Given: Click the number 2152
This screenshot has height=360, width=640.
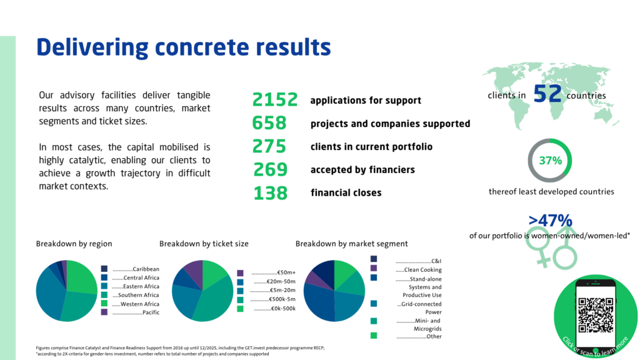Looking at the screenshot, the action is [x=275, y=99].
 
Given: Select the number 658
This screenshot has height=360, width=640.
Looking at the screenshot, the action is [x=269, y=123].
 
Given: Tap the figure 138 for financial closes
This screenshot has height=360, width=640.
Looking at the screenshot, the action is [x=270, y=193].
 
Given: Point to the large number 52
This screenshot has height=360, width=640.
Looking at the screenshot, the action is [x=547, y=94].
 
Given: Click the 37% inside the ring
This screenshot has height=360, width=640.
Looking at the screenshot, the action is [x=550, y=161].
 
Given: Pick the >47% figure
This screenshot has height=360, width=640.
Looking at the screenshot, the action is [x=550, y=221].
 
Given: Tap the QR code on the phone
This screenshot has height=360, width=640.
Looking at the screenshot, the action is [x=596, y=315].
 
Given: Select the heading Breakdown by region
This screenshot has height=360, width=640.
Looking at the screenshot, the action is [x=74, y=244].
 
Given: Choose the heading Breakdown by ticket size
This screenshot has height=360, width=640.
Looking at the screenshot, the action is [x=204, y=244].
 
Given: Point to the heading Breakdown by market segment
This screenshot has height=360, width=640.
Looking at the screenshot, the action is [x=351, y=244].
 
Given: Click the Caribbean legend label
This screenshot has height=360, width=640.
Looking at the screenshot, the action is [x=146, y=269].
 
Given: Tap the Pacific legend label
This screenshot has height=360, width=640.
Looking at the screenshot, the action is [x=151, y=312].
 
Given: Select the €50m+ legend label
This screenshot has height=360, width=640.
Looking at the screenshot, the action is [x=286, y=272].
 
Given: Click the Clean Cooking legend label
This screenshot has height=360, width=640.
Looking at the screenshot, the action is [x=423, y=269].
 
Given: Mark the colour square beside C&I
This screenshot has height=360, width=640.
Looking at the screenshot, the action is [x=374, y=259].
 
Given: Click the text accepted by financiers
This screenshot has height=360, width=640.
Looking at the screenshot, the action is [x=362, y=170].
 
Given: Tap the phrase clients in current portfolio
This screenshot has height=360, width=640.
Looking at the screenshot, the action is [x=371, y=146].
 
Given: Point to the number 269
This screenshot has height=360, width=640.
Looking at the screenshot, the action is [x=270, y=169].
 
